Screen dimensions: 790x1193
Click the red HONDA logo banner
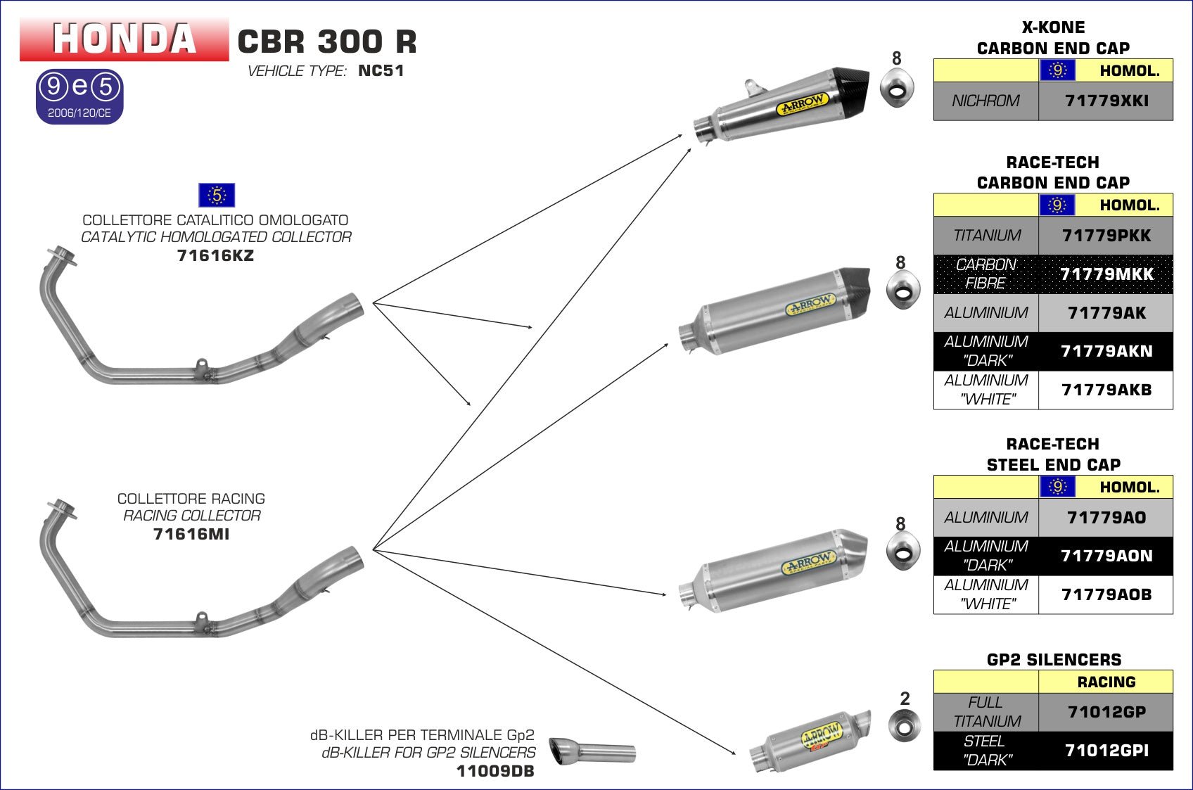click(x=124, y=39)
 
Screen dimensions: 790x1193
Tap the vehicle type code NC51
click(x=381, y=70)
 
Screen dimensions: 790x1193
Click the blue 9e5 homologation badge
click(x=79, y=96)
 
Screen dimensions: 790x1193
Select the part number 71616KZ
click(x=215, y=256)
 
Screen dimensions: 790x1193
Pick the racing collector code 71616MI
click(x=191, y=535)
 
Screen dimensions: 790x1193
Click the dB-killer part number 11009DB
click(x=495, y=772)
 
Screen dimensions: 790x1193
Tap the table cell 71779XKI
click(x=1106, y=101)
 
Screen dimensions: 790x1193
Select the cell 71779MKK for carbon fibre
click(x=1106, y=274)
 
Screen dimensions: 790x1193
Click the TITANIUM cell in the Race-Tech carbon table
click(x=986, y=236)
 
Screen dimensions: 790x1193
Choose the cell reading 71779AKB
click(x=1106, y=390)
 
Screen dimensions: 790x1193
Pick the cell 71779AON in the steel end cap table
click(x=1106, y=556)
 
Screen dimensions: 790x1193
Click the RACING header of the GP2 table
click(x=1106, y=682)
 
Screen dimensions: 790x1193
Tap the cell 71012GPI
click(x=1106, y=751)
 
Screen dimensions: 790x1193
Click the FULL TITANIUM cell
click(x=986, y=712)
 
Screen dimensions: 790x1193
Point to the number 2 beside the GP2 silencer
click(x=905, y=699)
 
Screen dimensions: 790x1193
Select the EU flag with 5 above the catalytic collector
click(x=217, y=195)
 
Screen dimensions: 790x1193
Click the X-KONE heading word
click(x=1053, y=27)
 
